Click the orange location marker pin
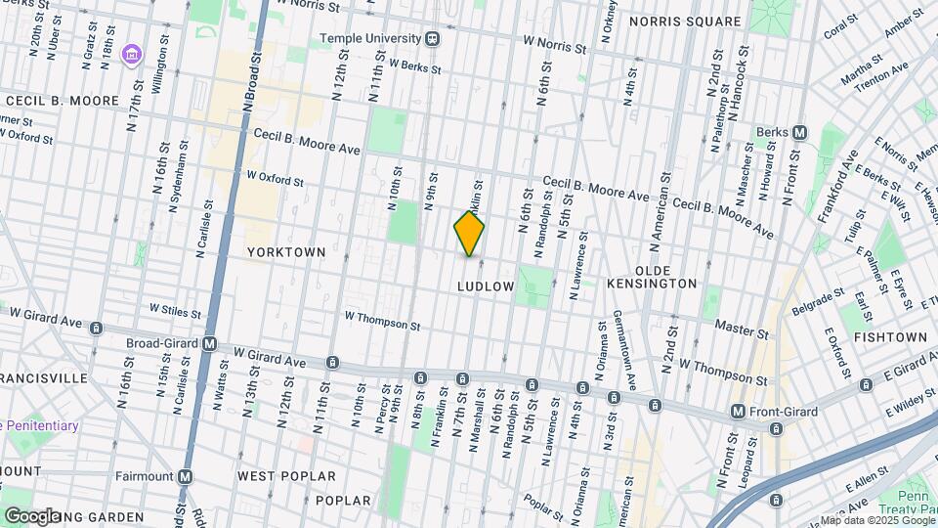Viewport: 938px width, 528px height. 469,234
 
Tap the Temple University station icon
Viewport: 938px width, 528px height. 432,40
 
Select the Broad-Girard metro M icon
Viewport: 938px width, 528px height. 209,343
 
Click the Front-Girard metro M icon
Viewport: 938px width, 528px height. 738,412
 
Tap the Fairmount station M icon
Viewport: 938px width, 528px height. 185,476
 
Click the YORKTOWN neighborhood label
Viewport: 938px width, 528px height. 285,252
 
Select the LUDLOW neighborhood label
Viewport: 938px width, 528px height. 485,286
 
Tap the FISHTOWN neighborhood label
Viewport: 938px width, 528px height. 889,336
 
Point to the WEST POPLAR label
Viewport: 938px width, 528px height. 286,476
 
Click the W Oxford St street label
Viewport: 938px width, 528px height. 275,180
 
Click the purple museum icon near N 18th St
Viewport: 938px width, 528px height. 130,52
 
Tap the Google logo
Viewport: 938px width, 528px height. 32,515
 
